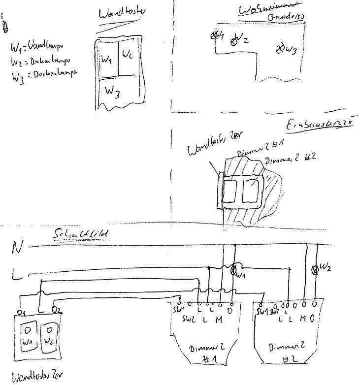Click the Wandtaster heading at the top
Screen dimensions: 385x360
[x=119, y=14]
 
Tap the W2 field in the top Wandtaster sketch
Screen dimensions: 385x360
[x=127, y=53]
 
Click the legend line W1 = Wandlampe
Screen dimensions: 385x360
[x=34, y=47]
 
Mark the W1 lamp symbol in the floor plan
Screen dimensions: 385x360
[x=215, y=35]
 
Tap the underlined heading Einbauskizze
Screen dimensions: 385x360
[x=320, y=124]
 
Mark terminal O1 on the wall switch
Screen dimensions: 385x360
[x=20, y=312]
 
